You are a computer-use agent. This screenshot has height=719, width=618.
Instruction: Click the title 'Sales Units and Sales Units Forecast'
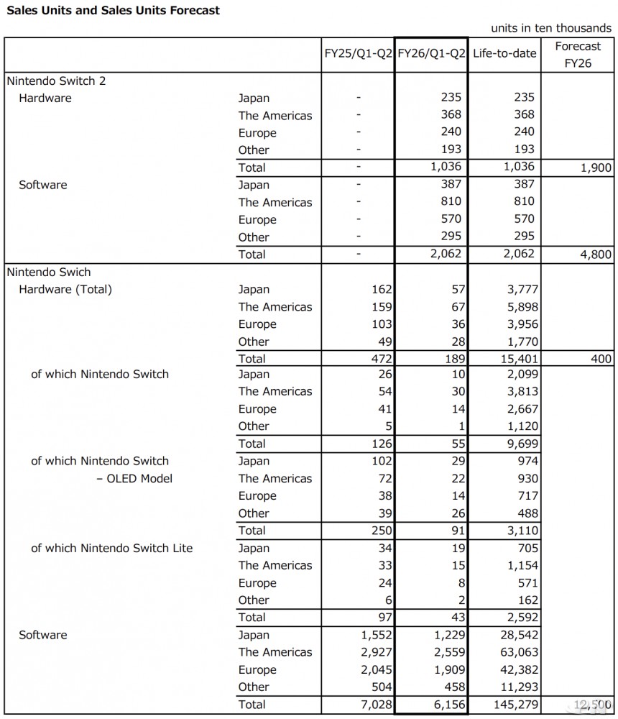click(113, 11)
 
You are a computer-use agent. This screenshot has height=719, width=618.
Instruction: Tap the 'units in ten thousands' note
click(551, 28)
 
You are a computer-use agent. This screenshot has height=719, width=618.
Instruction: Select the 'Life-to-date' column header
click(504, 54)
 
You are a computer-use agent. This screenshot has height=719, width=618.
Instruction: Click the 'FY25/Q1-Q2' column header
click(357, 54)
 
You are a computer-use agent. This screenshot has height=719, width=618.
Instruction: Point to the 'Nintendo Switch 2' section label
click(55, 81)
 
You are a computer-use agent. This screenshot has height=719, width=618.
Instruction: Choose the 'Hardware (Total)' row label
click(65, 290)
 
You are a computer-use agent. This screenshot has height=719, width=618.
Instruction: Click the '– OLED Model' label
click(134, 478)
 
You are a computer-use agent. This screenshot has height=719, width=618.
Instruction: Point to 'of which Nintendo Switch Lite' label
click(111, 548)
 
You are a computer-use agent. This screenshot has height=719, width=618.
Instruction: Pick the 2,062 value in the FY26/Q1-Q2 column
click(446, 254)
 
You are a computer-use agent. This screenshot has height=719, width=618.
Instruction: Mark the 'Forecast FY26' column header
click(578, 54)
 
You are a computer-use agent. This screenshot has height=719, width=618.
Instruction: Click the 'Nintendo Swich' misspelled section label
click(48, 273)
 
